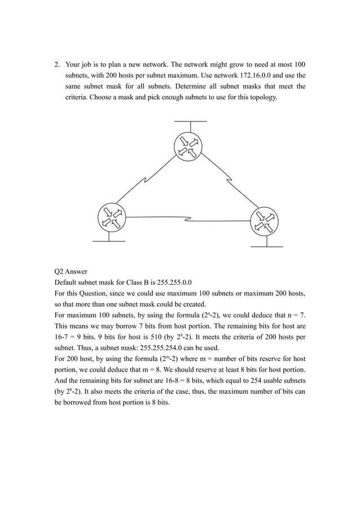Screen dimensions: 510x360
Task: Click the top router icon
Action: click(190, 145)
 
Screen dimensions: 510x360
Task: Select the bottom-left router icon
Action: click(111, 216)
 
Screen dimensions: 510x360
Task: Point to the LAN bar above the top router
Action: click(190, 121)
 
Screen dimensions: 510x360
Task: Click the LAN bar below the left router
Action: click(108, 241)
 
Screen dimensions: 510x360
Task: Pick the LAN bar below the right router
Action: click(266, 246)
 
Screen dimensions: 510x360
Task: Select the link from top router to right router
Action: click(229, 181)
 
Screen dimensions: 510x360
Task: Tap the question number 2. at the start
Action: click(57, 64)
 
